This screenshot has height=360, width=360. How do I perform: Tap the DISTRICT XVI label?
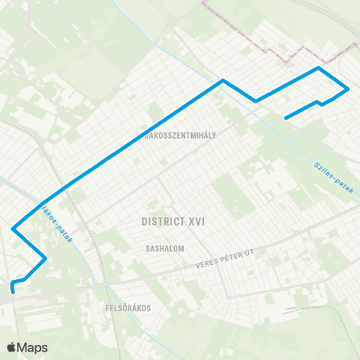tap(172, 222)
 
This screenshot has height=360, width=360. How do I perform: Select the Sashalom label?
tap(166, 247)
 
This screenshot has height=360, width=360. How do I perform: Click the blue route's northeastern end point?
tap(286, 117)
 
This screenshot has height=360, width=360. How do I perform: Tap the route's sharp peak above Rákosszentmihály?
tap(222, 80)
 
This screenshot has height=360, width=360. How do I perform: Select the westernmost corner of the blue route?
tap(13, 227)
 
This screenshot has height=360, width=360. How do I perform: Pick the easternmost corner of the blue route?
tap(349, 89)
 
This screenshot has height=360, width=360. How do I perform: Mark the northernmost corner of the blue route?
tap(319, 68)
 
